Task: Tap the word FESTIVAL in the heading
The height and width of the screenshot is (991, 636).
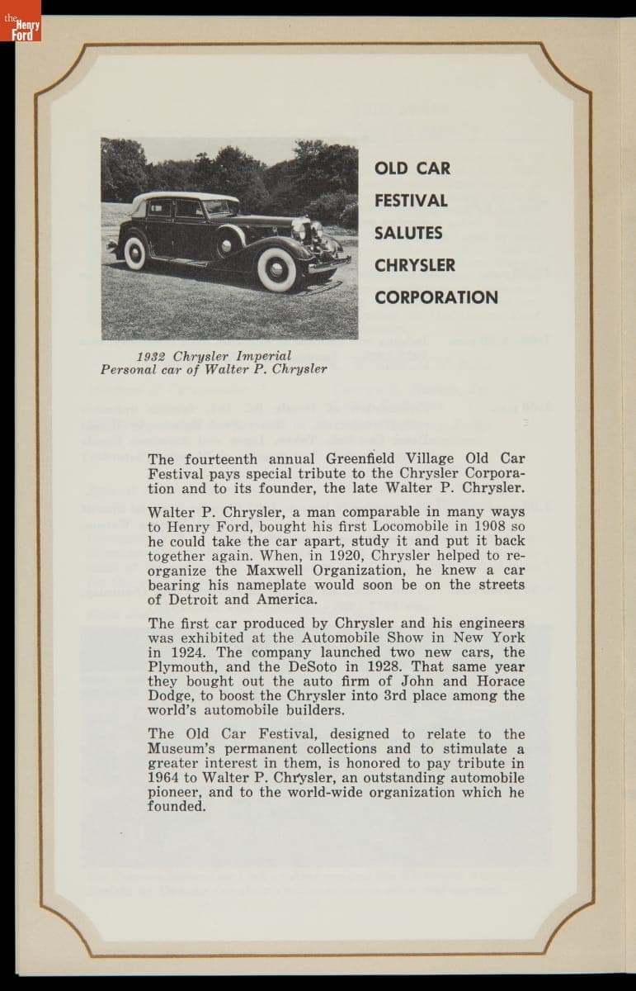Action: click(411, 201)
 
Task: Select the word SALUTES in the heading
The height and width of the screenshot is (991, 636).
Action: click(408, 233)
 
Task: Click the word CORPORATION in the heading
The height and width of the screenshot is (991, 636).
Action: click(436, 297)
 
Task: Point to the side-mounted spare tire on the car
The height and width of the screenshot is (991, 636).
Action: click(229, 242)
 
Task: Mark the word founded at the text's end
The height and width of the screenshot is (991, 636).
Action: click(177, 806)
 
